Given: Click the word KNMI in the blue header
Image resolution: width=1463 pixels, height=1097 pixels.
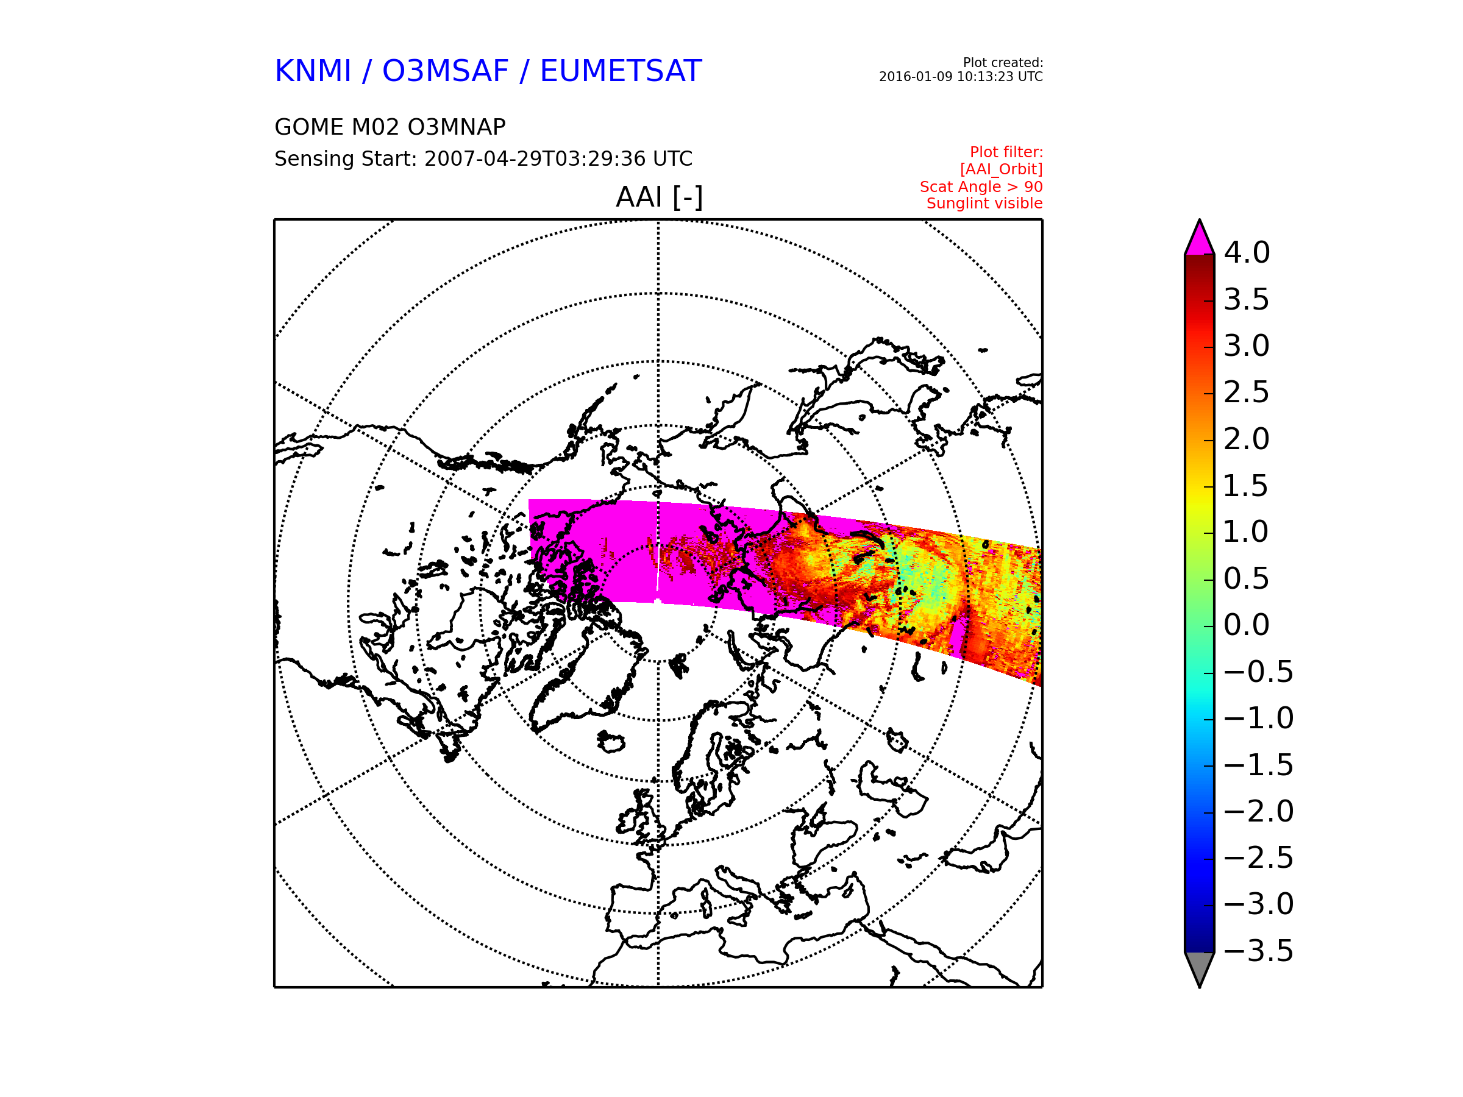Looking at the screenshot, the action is [313, 71].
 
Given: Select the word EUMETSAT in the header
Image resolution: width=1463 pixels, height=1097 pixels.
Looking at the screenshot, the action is [621, 71].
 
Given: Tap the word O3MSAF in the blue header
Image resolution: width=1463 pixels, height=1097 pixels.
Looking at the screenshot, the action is [446, 71].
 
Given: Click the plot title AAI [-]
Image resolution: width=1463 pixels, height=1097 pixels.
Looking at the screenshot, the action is [659, 197].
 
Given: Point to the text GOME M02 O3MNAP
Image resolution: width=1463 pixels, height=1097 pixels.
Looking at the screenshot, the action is [390, 127].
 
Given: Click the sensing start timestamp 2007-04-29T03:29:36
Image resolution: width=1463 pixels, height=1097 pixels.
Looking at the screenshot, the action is [535, 158].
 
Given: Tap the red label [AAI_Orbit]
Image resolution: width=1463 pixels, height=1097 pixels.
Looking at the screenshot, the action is [1002, 169].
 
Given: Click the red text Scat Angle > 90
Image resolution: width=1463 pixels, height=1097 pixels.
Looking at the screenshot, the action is [981, 186].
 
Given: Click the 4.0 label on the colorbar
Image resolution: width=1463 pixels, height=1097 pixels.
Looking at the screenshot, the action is [1247, 252].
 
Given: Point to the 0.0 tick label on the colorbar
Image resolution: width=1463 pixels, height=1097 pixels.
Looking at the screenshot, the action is [1247, 625].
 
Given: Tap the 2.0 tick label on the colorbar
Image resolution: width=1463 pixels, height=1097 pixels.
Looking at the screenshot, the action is [1247, 439].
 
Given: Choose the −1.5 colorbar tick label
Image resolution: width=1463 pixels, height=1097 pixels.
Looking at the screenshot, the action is [1259, 765].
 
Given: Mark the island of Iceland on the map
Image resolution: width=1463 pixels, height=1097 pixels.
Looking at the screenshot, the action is [612, 742].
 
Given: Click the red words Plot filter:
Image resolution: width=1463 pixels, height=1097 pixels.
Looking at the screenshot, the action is [1006, 152].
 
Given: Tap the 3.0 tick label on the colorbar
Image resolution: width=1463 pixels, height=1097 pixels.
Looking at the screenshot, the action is [1247, 346].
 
